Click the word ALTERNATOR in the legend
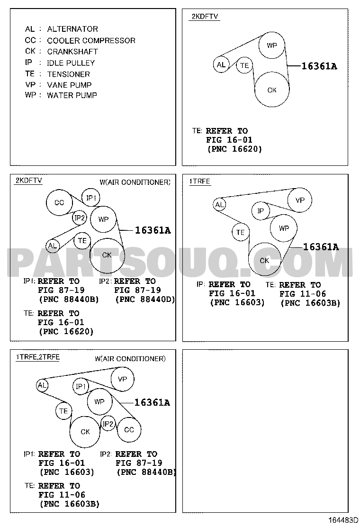(72, 29)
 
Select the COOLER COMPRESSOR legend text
(91, 41)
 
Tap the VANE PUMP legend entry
(69, 85)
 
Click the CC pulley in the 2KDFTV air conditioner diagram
(59, 202)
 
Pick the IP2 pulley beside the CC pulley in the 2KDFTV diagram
(80, 218)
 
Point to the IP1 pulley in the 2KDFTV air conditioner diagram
(91, 198)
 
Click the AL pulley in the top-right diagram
(221, 64)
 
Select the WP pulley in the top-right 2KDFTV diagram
(272, 45)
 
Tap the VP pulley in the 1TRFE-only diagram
(300, 200)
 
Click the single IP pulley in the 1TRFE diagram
(261, 211)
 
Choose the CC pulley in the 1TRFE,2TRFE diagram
(129, 429)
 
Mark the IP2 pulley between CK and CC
(108, 424)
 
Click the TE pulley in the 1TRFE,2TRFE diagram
(63, 411)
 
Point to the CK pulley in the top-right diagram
(272, 90)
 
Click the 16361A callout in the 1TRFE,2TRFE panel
(152, 402)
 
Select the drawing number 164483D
(343, 520)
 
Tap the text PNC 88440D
(145, 299)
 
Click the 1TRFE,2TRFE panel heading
(37, 357)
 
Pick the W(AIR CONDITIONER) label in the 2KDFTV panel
(135, 182)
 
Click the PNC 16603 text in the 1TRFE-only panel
(237, 302)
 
